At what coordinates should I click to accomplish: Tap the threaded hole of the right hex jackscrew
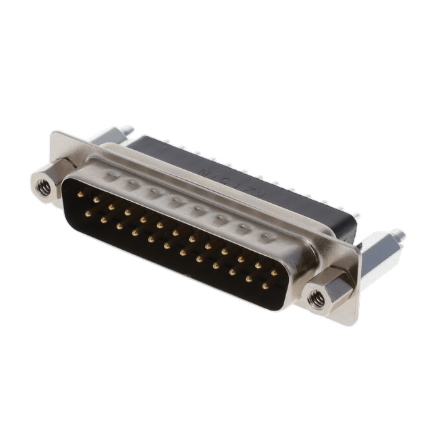click(316, 298)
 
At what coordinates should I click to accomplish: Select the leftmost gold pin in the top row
click(80, 194)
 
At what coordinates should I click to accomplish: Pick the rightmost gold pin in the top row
click(274, 273)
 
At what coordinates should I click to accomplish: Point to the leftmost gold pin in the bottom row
click(88, 213)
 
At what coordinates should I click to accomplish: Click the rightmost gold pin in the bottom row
click(265, 286)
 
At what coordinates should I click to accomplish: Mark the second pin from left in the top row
click(97, 200)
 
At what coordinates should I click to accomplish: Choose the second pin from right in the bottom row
click(248, 279)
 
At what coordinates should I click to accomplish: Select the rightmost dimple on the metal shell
click(267, 237)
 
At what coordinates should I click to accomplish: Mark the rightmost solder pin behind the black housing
click(356, 218)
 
